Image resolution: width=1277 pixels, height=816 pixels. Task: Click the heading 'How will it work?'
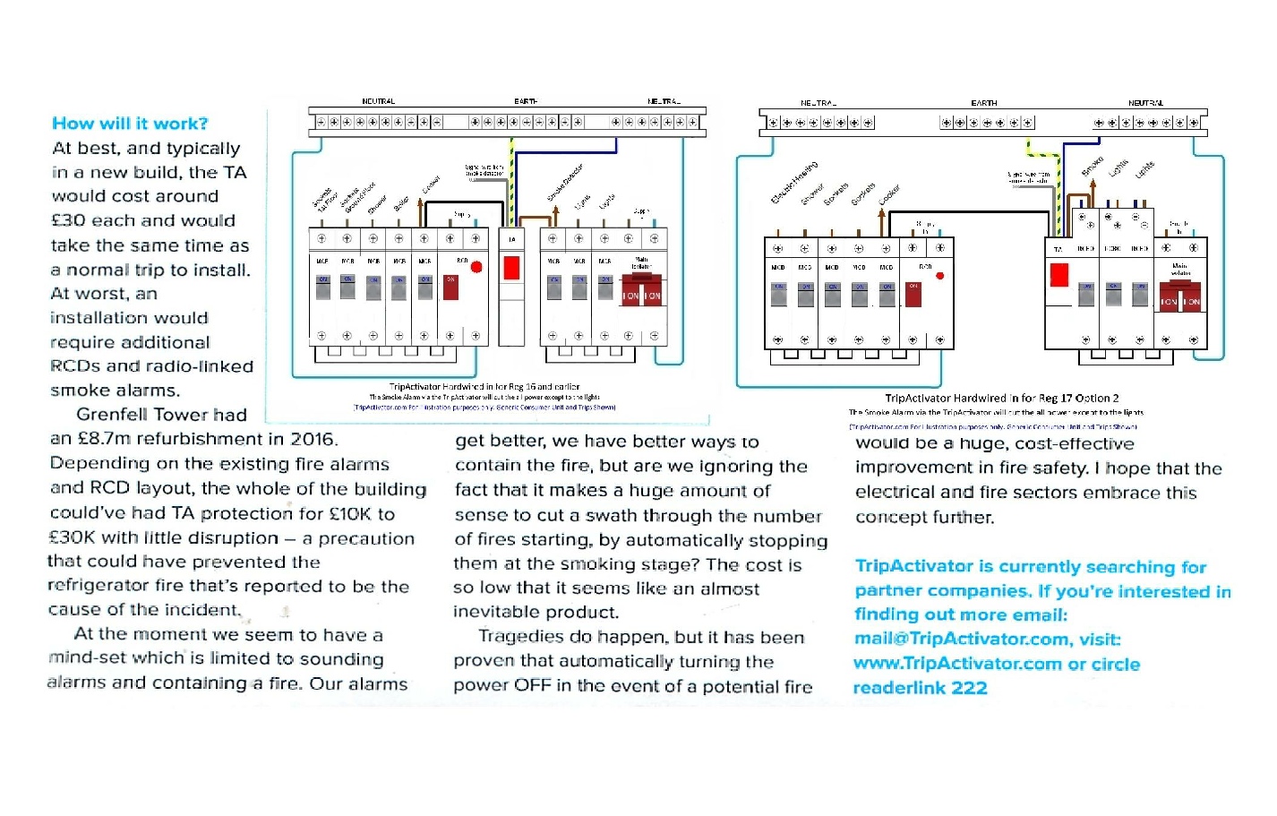click(x=130, y=124)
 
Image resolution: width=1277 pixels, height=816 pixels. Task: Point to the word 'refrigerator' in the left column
click(x=99, y=586)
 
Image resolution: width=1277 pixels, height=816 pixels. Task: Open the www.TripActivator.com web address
click(x=957, y=664)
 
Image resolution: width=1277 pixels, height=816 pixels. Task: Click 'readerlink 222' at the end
click(x=920, y=688)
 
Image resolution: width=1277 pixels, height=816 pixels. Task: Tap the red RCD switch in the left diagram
click(x=451, y=288)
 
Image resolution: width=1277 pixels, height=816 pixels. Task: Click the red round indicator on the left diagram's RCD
click(x=476, y=267)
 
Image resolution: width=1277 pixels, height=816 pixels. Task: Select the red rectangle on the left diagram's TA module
click(x=512, y=267)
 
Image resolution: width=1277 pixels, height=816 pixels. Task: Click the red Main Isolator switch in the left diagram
click(x=642, y=293)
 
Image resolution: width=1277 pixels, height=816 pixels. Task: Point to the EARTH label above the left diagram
click(x=526, y=102)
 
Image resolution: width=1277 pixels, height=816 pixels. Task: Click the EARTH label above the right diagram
click(x=983, y=104)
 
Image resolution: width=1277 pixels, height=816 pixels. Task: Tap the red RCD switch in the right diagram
click(x=913, y=294)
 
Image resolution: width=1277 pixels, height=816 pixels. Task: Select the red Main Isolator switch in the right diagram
click(x=1180, y=296)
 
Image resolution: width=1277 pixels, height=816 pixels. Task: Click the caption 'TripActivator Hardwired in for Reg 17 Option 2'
click(x=1001, y=398)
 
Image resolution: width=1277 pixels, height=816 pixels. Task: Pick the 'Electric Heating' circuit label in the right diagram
click(x=795, y=183)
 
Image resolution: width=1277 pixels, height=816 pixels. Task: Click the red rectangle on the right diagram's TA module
click(x=1059, y=275)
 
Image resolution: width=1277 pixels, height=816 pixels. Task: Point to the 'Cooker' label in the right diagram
click(x=889, y=195)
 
